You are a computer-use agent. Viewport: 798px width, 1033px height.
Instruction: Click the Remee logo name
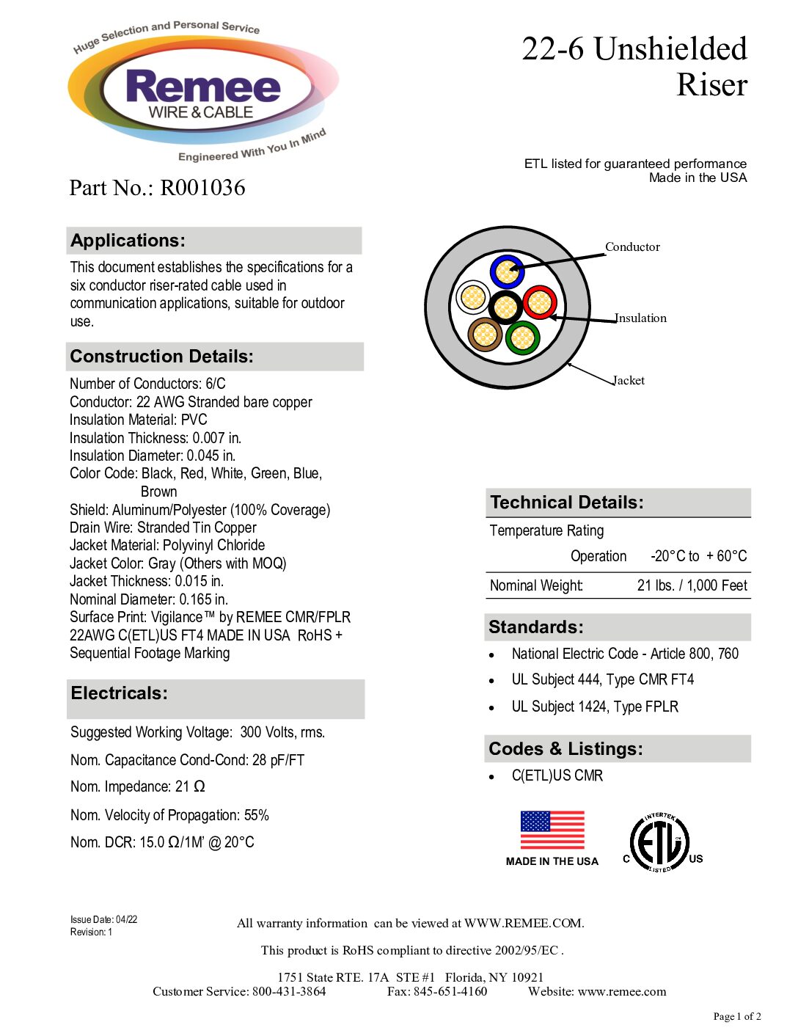click(x=203, y=87)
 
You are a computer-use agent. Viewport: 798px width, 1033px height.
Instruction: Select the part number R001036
click(x=202, y=188)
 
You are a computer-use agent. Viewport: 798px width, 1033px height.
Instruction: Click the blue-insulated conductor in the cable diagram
click(x=506, y=271)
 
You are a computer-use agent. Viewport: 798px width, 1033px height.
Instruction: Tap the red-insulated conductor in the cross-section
click(x=540, y=302)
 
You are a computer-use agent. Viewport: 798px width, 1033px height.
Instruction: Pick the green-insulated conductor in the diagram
click(x=522, y=338)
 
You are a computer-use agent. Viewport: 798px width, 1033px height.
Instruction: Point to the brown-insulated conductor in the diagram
click(x=485, y=335)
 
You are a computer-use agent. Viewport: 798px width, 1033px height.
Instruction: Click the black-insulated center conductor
click(x=505, y=307)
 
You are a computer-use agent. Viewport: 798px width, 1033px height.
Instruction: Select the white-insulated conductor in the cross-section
click(x=473, y=297)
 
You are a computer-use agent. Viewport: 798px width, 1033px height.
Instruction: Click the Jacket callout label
click(x=629, y=380)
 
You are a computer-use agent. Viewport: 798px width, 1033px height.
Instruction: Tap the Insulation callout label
click(x=641, y=318)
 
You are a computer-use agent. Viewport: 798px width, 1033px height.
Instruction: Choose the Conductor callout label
click(x=632, y=247)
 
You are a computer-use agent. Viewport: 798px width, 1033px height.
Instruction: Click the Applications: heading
click(x=128, y=241)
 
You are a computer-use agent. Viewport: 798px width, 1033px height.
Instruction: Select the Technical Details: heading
click(x=566, y=503)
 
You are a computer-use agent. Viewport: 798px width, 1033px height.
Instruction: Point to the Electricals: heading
click(x=120, y=693)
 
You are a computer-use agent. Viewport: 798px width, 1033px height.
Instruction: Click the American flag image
click(x=552, y=830)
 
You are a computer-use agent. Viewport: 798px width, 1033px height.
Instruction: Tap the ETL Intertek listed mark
click(x=660, y=844)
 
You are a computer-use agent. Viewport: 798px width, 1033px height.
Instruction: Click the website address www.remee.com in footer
click(x=622, y=991)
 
